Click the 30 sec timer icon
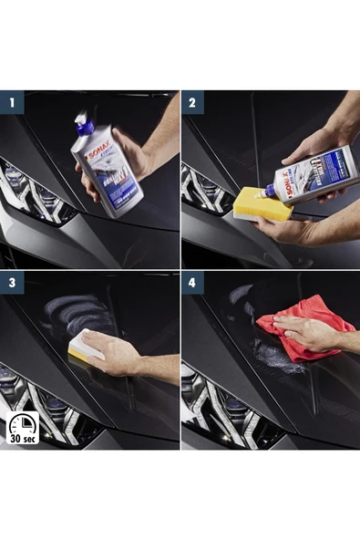22,428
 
